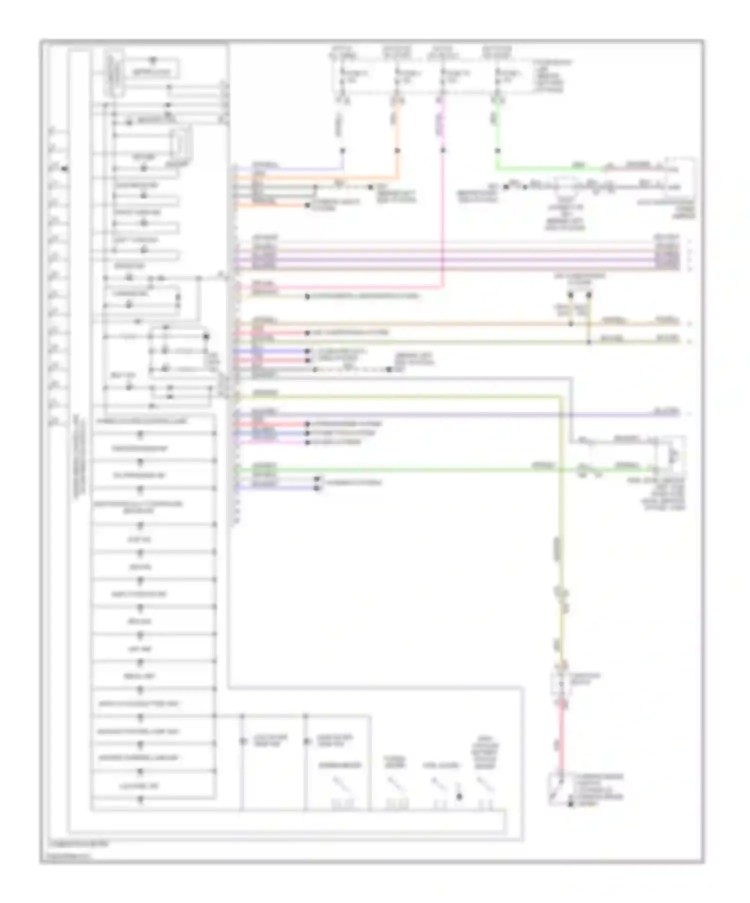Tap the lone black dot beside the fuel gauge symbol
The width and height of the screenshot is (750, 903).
coord(459,797)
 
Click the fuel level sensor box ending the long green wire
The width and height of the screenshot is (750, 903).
coord(672,456)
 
